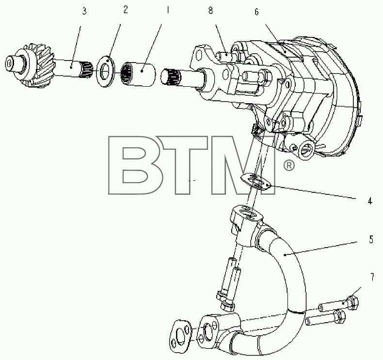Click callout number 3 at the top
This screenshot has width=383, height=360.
84,11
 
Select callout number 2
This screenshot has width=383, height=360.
125,10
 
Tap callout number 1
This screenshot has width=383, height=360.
168,10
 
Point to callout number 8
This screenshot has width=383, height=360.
210,11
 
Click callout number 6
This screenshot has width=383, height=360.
256,12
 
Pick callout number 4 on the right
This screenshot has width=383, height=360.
370,202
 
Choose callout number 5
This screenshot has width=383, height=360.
371,240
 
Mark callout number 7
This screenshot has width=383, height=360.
372,277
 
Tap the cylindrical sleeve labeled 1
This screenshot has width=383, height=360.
139,74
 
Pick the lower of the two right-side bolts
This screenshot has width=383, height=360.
325,318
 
